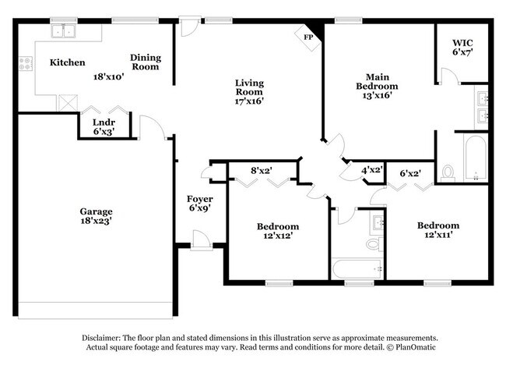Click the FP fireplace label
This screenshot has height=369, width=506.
tap(307, 35)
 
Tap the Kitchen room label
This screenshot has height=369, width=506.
tap(67, 62)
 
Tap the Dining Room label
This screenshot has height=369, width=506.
tap(145, 62)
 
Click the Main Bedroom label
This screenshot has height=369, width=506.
tap(377, 81)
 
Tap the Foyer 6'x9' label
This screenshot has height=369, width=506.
tap(199, 204)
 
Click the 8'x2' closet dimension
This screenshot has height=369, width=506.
tap(262, 169)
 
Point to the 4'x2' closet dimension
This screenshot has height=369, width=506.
tap(371, 170)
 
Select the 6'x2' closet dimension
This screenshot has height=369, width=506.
tap(411, 174)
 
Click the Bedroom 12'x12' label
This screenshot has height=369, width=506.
tap(277, 232)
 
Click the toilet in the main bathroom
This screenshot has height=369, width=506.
tap(448, 172)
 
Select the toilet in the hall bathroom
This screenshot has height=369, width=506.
tap(372, 244)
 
